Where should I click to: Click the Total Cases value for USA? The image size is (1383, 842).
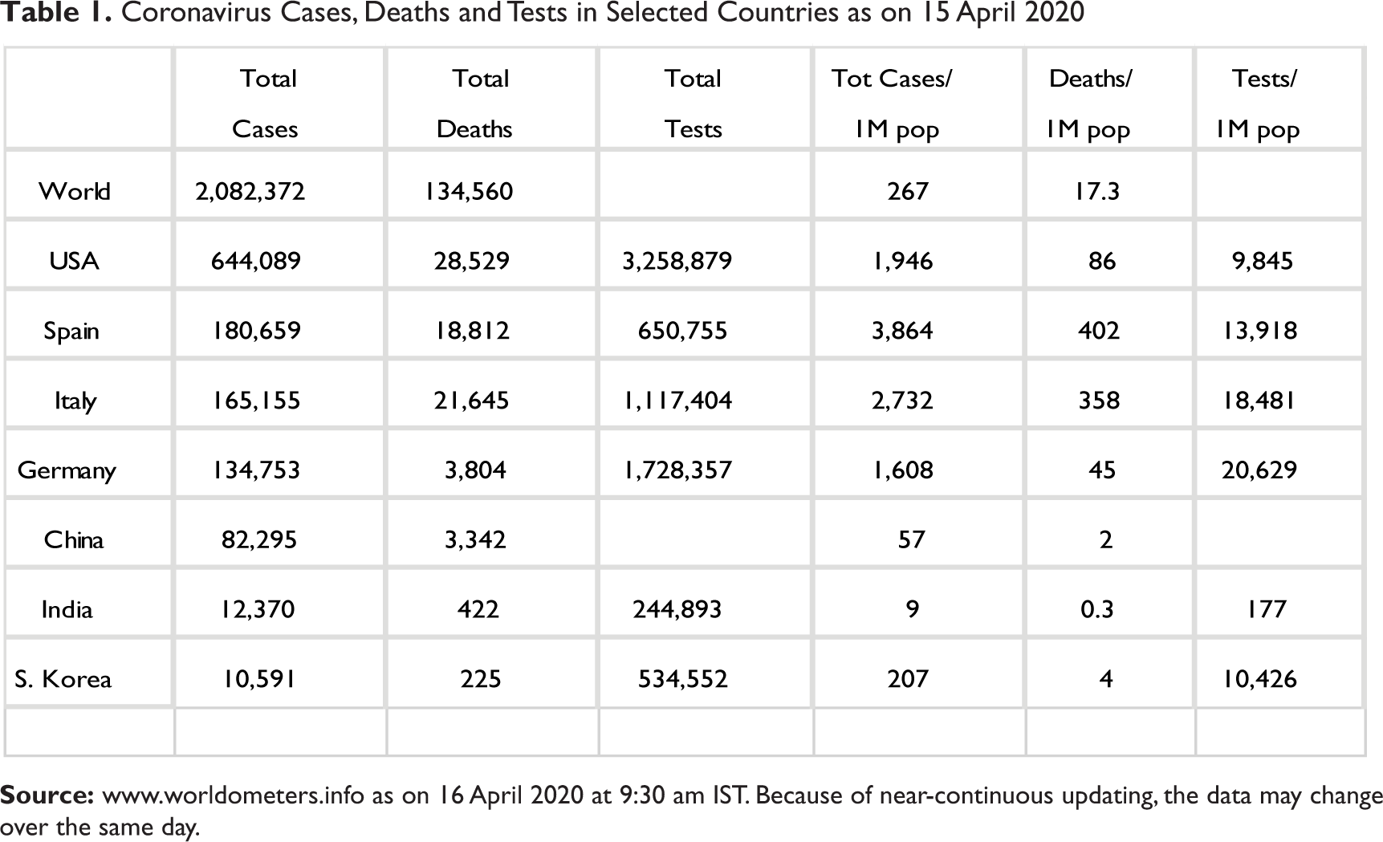(255, 261)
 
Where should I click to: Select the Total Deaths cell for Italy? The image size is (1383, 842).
(471, 401)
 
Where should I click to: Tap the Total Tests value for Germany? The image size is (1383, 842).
(677, 470)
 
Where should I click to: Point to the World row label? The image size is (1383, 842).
(75, 191)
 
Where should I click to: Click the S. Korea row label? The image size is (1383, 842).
(63, 679)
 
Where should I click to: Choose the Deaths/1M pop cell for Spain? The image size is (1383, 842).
(1099, 331)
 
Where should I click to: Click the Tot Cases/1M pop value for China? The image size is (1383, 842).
(912, 539)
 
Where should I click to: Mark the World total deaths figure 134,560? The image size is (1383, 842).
(469, 191)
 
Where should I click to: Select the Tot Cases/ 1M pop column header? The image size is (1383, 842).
(893, 104)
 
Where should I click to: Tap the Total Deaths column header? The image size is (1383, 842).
(474, 104)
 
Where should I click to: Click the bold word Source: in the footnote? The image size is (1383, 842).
(47, 795)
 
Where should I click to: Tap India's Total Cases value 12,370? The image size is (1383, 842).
(258, 609)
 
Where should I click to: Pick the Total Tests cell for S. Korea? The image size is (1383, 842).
(682, 679)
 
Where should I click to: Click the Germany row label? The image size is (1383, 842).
(67, 470)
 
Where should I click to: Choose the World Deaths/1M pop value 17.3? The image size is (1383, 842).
(1097, 191)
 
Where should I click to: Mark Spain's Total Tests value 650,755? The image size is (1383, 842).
(682, 331)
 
